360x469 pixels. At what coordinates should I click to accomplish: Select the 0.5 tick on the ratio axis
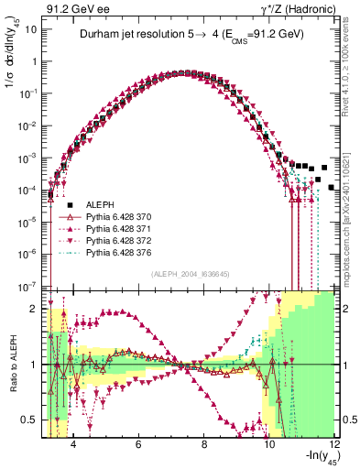point(29,420)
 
